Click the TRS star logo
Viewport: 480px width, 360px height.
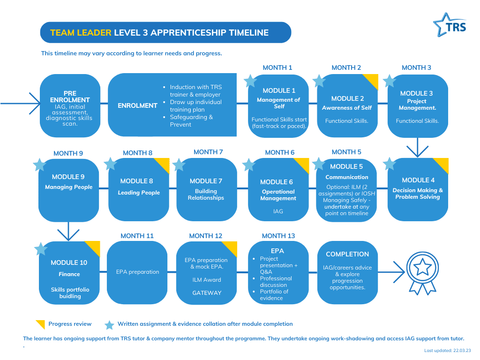coord(450,25)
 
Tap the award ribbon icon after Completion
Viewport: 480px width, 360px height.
coord(422,273)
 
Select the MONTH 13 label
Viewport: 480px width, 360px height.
coord(278,236)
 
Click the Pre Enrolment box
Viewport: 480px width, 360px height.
coord(70,105)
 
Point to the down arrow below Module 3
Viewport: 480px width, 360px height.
coord(417,148)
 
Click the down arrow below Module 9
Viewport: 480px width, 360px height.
coord(68,231)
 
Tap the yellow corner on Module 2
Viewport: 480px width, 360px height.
coord(371,81)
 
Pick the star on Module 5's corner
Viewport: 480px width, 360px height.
coord(319,164)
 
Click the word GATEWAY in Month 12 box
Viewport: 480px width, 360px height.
coord(207,292)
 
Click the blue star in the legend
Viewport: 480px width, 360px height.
coord(109,325)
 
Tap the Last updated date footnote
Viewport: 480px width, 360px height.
coord(448,351)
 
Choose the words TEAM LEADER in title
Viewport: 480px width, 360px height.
coord(81,32)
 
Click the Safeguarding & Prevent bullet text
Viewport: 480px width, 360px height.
coord(191,120)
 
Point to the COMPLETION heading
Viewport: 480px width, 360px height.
coord(347,254)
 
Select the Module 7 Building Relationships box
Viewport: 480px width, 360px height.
coord(207,189)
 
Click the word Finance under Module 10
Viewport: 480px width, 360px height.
coord(69,274)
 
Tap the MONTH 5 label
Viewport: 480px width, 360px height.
coord(346,152)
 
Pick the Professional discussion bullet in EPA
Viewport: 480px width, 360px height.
coord(276,282)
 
